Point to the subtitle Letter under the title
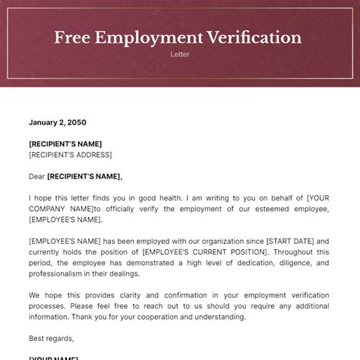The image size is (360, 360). click(x=179, y=55)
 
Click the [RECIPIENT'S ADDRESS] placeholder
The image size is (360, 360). click(x=70, y=155)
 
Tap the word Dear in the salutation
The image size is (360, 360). click(x=36, y=176)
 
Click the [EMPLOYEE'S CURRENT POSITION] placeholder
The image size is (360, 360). click(x=203, y=251)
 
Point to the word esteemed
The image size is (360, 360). click(x=252, y=209)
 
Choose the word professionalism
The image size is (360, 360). click(x=62, y=273)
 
